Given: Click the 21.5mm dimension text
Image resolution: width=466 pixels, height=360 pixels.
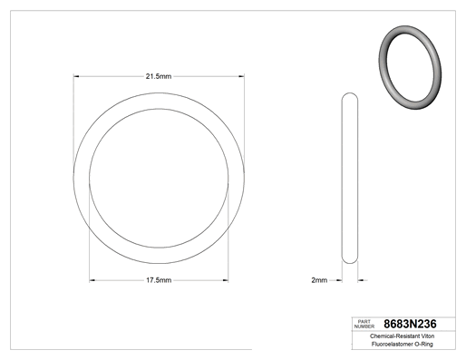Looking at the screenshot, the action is [159, 76].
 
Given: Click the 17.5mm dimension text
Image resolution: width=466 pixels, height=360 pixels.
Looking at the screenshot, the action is [159, 280].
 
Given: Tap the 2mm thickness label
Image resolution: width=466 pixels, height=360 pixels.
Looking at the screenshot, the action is [319, 280].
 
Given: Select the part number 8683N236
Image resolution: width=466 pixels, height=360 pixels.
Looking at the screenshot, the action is [410, 324].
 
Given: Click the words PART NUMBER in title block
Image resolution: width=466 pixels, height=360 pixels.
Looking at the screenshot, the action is [364, 324].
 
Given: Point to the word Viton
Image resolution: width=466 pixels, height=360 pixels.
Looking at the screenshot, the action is [428, 336].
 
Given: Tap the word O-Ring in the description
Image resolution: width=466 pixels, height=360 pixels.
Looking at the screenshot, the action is [423, 344].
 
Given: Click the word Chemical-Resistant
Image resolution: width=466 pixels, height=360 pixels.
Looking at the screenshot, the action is [394, 336].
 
